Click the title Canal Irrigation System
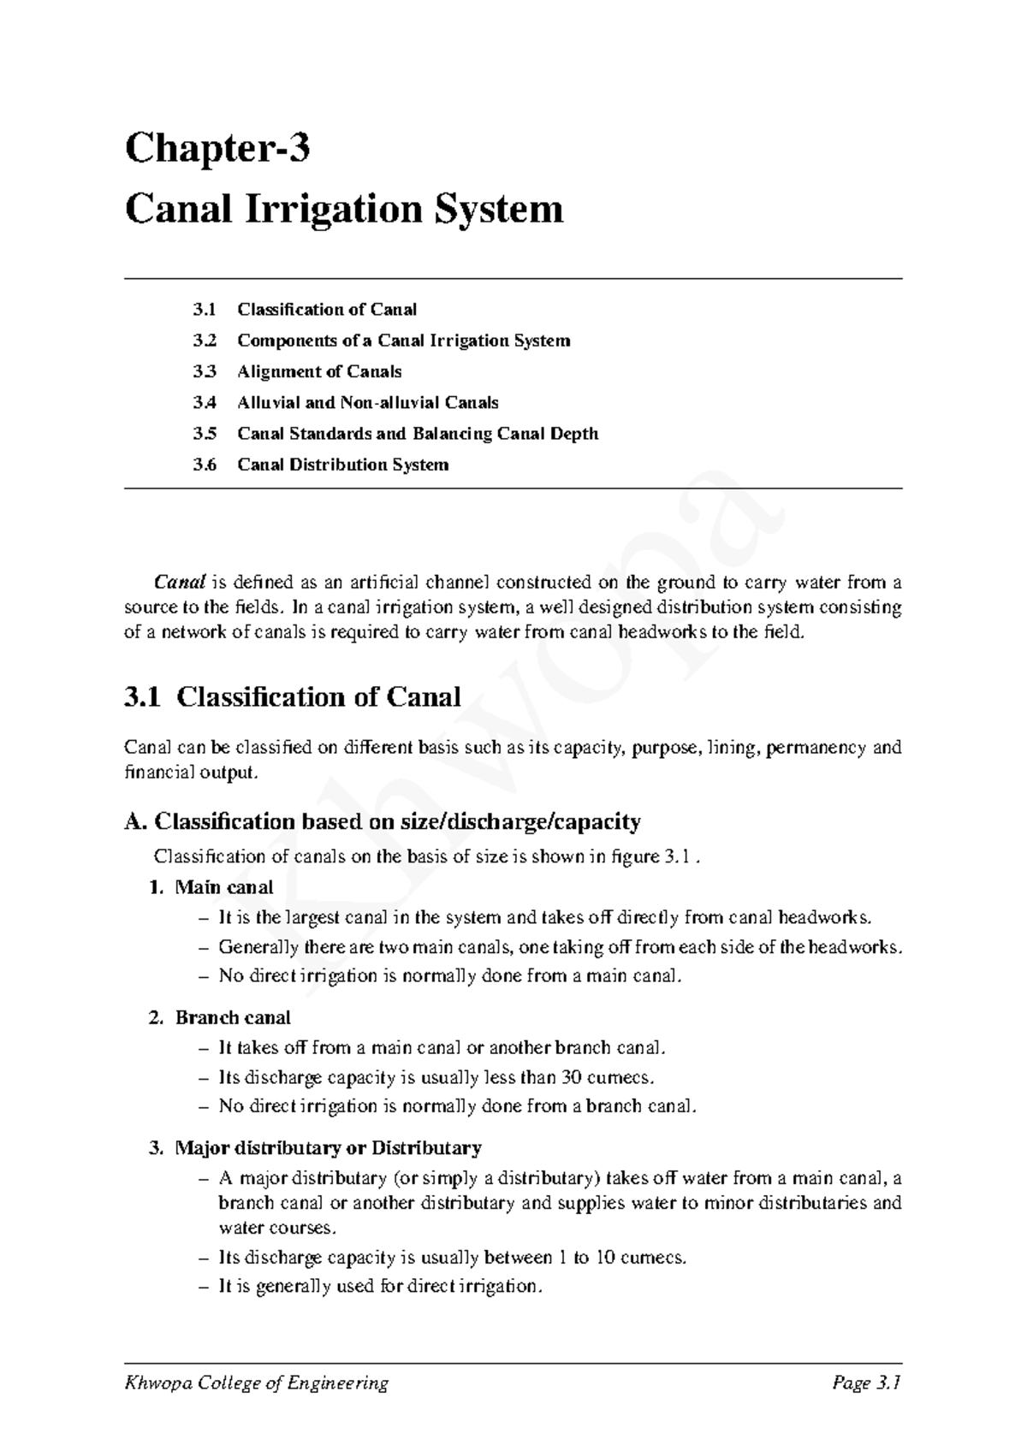[x=344, y=209]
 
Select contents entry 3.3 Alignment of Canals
[x=318, y=371]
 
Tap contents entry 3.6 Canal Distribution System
[x=342, y=465]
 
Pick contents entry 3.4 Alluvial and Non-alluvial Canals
[x=367, y=402]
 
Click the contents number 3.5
[x=205, y=434]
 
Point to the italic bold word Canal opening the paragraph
[x=180, y=583]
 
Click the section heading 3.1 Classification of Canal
[x=293, y=696]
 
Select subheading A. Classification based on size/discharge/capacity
[x=382, y=822]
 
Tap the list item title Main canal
[x=223, y=887]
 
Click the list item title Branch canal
[x=232, y=1018]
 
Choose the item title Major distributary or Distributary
[x=328, y=1148]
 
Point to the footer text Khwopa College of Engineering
[x=257, y=1383]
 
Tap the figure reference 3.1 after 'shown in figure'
[x=676, y=857]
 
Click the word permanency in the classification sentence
[x=816, y=748]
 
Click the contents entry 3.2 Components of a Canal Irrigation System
[x=403, y=341]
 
